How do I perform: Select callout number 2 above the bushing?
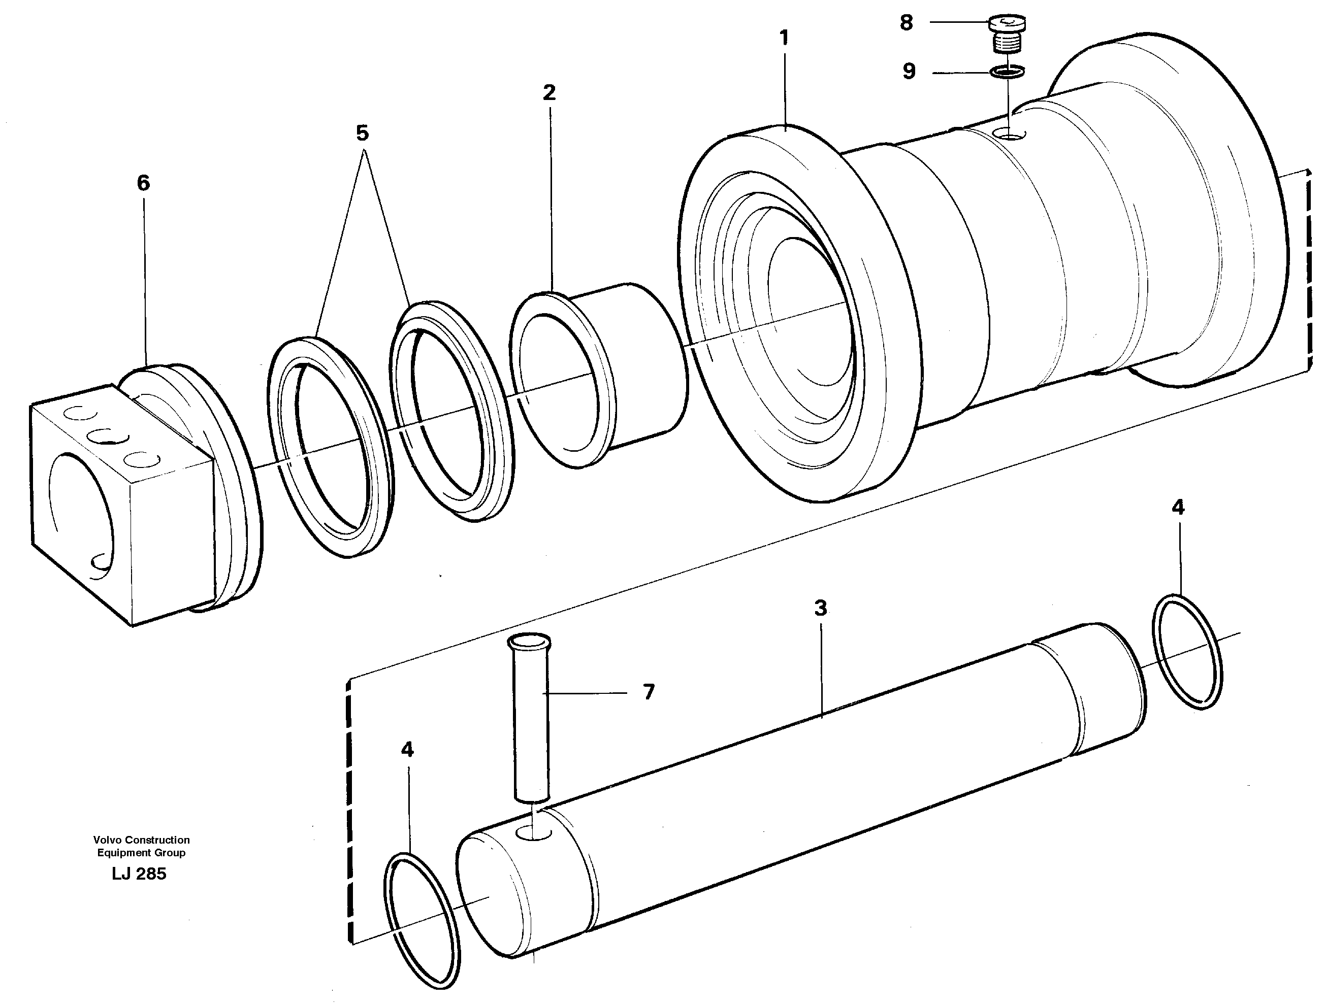click(550, 93)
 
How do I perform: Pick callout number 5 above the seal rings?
click(363, 133)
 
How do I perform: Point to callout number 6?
click(143, 183)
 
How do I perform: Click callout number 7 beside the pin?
click(649, 692)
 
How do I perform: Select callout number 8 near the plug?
click(907, 23)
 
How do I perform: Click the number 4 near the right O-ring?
click(1178, 508)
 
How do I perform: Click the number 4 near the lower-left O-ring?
click(407, 750)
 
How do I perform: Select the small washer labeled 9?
click(1007, 72)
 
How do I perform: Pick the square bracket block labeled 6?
click(120, 503)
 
